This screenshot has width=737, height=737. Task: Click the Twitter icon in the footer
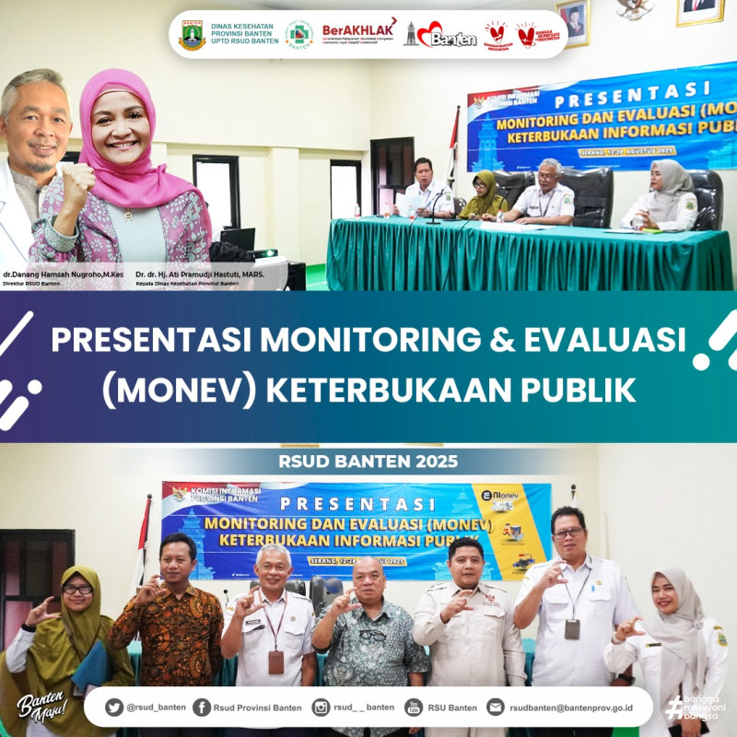(x=114, y=707)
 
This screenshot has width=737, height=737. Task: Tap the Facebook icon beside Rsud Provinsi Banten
(x=202, y=707)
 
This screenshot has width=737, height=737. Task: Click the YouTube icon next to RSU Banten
(x=414, y=707)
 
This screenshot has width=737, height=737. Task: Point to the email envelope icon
(x=496, y=707)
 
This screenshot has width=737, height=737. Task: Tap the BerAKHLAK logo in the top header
(x=359, y=33)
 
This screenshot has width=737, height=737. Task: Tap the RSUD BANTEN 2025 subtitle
(x=368, y=460)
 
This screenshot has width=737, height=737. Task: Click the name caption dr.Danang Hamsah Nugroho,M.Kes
(x=64, y=275)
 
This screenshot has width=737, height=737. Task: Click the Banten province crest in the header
(x=192, y=35)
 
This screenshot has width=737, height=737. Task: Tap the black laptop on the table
(x=238, y=240)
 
